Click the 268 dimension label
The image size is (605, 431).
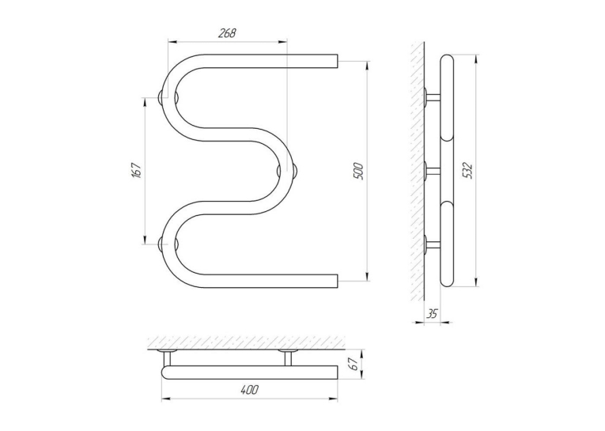[x=227, y=33]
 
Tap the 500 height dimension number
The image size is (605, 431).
[x=358, y=171]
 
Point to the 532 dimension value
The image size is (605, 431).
[x=467, y=171]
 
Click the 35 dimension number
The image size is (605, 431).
[x=432, y=314]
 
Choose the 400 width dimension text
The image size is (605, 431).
[x=249, y=390]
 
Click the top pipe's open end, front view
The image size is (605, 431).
[x=337, y=61]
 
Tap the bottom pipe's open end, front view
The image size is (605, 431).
[x=337, y=282]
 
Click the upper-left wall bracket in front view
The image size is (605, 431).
[x=168, y=97]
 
